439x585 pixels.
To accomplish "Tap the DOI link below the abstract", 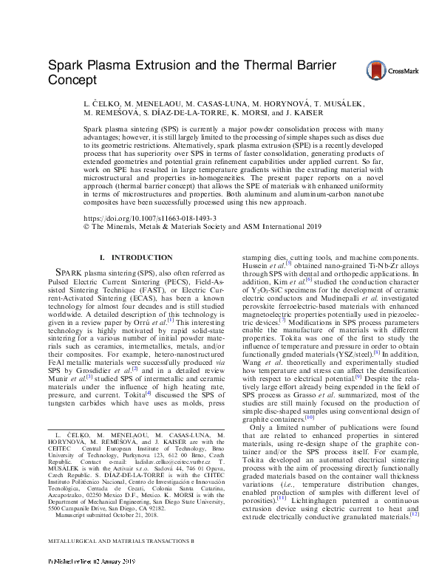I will pos(134,219).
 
